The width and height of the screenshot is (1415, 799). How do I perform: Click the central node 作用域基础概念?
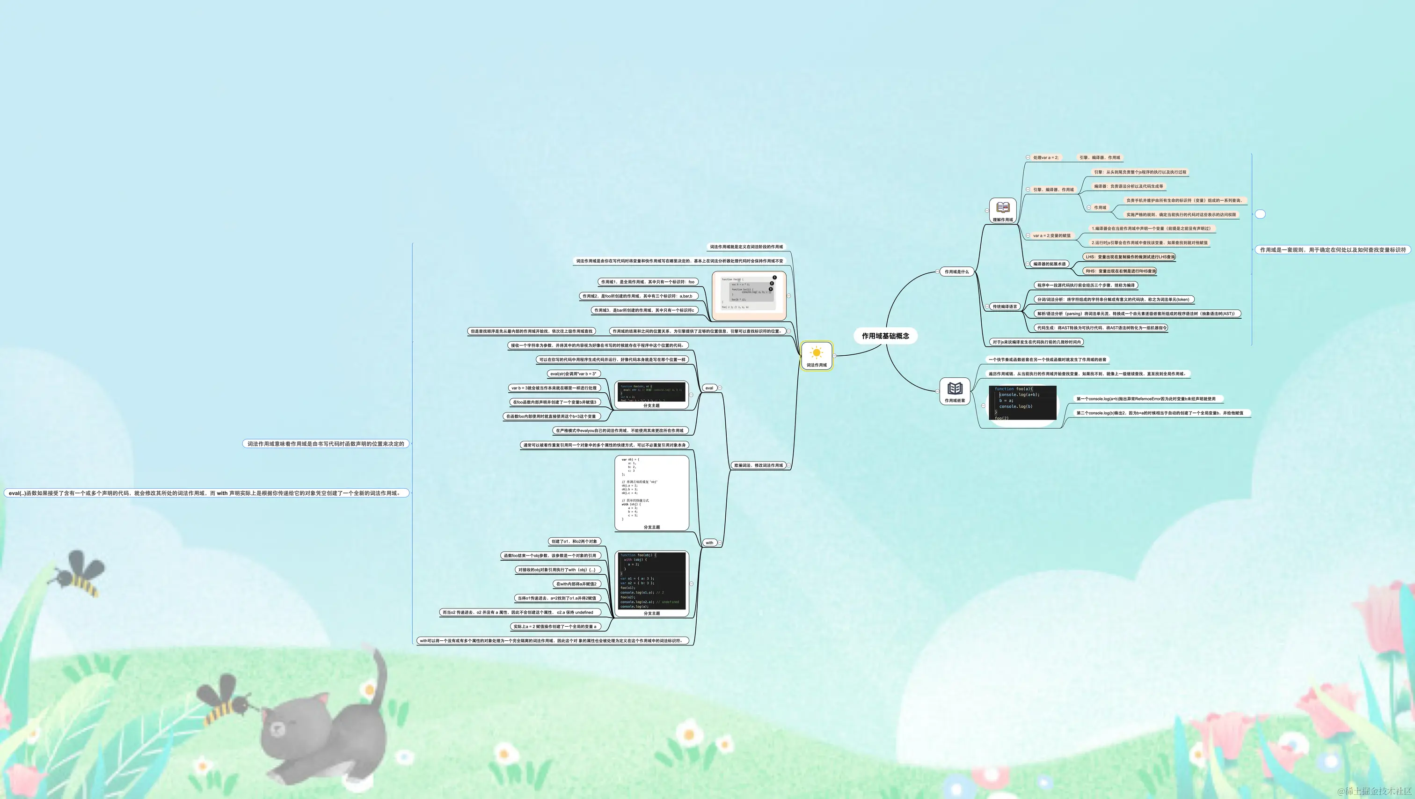(x=885, y=336)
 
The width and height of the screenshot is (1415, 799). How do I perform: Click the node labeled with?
(x=709, y=543)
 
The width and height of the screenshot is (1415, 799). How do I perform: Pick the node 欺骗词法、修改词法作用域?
(x=758, y=465)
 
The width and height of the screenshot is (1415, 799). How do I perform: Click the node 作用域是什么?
(x=956, y=271)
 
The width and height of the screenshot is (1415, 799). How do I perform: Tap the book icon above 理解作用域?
(x=1002, y=208)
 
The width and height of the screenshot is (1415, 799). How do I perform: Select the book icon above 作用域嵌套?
(x=955, y=388)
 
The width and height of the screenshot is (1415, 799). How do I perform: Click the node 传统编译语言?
(x=1005, y=307)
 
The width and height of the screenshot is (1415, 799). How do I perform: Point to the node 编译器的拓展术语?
(x=1049, y=264)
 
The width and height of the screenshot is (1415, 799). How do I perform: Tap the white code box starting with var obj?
(x=651, y=490)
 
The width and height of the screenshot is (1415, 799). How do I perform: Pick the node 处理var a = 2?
(x=1045, y=158)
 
